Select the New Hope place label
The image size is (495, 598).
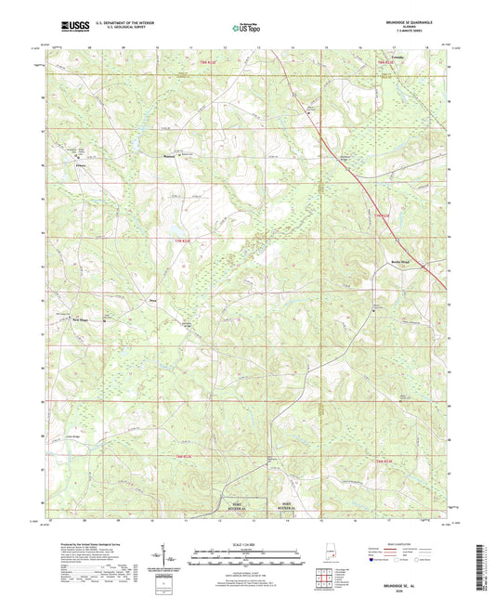pyautogui.click(x=81, y=320)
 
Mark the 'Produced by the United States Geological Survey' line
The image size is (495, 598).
pyautogui.click(x=87, y=544)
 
